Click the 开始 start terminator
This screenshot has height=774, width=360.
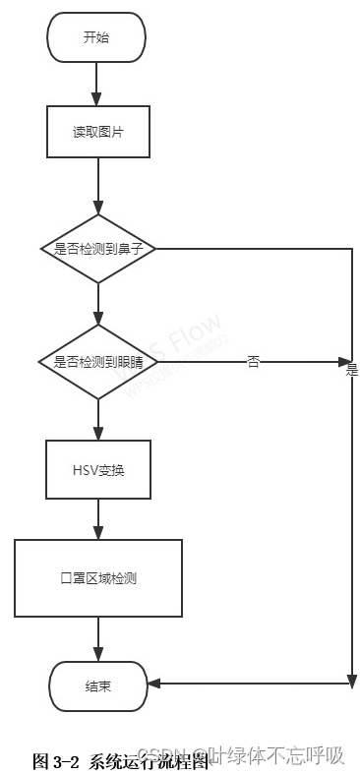96,37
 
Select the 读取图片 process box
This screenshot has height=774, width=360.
97,132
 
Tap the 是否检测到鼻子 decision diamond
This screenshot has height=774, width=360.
98,249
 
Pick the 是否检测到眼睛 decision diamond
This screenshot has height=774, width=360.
97,362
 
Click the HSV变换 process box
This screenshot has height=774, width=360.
97,470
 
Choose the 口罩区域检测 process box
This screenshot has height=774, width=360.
97,577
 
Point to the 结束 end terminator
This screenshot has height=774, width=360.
97,684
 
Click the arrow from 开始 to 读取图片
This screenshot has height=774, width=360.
97,84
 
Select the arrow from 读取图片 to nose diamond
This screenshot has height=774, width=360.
97,186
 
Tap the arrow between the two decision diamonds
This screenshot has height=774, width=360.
97,304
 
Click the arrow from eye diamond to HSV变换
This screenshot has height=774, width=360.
97,419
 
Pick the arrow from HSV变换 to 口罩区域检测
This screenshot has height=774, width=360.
97,519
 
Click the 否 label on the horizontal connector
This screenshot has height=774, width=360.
254,362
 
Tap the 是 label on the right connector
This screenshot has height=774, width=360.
351,371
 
